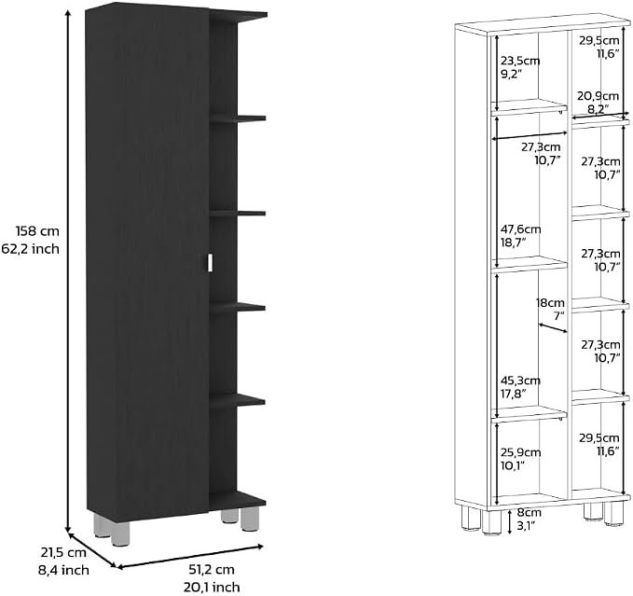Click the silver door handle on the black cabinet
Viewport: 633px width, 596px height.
210,262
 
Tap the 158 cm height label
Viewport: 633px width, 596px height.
37,231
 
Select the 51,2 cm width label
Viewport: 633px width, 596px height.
212,569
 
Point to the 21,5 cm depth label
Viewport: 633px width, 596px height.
63,552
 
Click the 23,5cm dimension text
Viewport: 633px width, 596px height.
520,61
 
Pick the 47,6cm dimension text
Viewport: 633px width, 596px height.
521,229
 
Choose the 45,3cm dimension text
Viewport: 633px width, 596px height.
520,381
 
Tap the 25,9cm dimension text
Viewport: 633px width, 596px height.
521,452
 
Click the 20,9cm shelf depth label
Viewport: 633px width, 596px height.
598,96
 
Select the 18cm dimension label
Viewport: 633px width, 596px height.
550,302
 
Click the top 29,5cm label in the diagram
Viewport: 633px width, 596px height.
599,40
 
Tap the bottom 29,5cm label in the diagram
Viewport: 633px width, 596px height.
599,437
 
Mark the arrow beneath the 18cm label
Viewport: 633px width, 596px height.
553,327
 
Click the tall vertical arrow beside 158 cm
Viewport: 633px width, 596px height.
69,271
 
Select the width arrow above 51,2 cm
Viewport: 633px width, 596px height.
190,557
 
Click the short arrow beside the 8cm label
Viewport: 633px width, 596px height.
510,521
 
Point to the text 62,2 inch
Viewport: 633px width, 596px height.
30,249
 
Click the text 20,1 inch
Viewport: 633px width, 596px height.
212,587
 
